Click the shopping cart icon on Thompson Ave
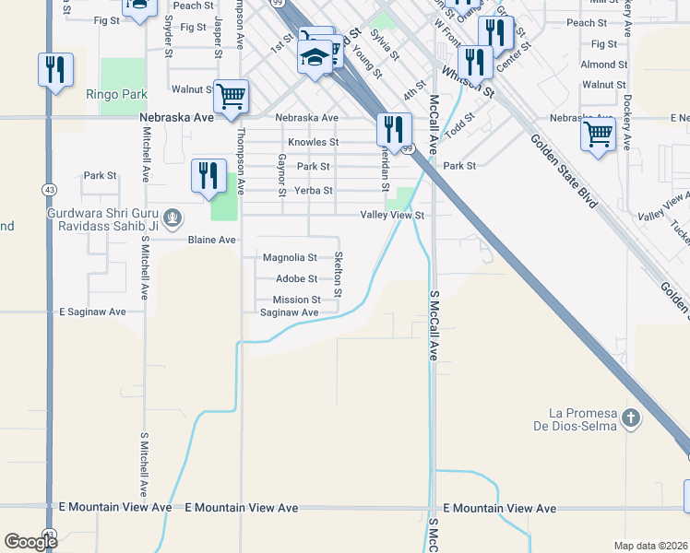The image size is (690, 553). point(231,95)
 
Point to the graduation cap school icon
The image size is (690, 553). point(314,58)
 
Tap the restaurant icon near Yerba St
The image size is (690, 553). point(208,174)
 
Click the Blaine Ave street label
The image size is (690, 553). point(212,240)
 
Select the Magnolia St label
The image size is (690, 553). point(290,258)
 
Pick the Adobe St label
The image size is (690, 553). point(296,278)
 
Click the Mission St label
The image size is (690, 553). point(296,300)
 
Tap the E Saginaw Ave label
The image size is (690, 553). point(92,312)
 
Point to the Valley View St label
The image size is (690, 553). point(392,215)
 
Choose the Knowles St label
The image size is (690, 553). point(314,143)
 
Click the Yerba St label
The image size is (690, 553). point(313,191)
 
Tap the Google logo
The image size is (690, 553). point(30,542)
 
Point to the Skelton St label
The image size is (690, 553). point(339,274)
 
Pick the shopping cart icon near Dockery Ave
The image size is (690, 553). point(598,134)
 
